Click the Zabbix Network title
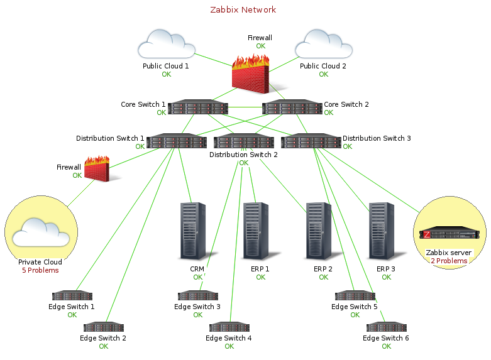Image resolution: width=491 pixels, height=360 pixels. tap(243, 10)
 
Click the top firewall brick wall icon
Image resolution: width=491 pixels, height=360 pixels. tap(251, 71)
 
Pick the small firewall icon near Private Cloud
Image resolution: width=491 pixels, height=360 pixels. tap(96, 169)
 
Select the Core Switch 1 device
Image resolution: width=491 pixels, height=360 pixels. tap(197, 107)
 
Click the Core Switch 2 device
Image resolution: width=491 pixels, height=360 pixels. tap(292, 107)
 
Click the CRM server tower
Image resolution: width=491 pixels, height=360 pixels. tap(194, 231)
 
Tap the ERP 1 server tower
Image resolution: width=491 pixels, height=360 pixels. tap(256, 231)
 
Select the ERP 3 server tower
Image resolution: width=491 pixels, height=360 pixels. tap(382, 231)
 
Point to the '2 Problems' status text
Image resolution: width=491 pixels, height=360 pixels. tap(449, 261)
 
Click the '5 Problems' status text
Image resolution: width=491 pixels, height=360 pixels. tap(40, 270)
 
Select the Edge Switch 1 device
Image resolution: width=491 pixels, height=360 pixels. tap(72, 295)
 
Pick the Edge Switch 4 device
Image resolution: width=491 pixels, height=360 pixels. tap(229, 327)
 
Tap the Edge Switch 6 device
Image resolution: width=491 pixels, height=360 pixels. tap(386, 327)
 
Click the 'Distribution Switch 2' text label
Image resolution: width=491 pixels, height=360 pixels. tap(243, 155)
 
